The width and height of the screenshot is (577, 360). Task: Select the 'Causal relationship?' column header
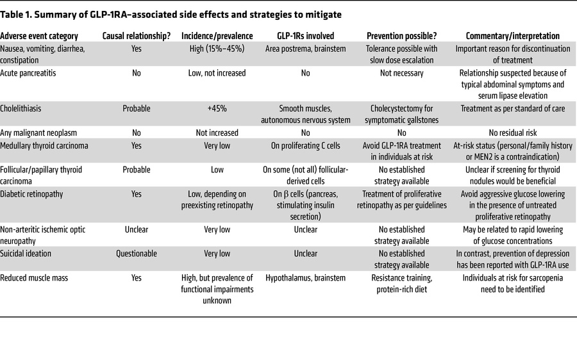[x=137, y=37]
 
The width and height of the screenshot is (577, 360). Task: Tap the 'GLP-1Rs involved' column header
[x=305, y=37]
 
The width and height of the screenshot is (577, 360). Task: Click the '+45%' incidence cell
[x=218, y=108]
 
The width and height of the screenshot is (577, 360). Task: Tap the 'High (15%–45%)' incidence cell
[x=218, y=49]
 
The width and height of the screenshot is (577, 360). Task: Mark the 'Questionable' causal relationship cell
[x=137, y=254]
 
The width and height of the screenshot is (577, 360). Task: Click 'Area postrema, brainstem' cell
[x=305, y=49]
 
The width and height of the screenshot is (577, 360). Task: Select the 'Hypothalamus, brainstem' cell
[x=305, y=277]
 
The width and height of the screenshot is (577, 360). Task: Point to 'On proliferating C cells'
[x=305, y=145]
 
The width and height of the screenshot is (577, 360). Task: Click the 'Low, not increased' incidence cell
[x=218, y=73]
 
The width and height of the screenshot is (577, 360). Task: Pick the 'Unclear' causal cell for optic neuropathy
[x=137, y=229]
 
